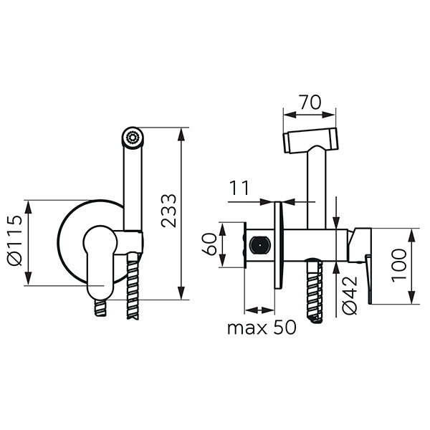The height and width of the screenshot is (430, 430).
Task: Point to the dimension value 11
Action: coord(239,188)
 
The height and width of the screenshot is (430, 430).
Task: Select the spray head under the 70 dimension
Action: coord(310,141)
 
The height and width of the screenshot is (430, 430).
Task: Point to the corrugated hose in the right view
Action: coord(315,290)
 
